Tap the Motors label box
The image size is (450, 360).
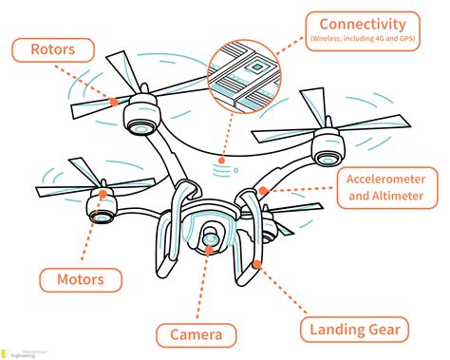(x=81, y=279)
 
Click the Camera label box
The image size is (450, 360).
(x=197, y=333)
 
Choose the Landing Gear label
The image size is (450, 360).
(x=355, y=330)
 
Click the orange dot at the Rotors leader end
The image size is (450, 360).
(x=115, y=99)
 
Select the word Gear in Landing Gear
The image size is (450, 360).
(x=385, y=330)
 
